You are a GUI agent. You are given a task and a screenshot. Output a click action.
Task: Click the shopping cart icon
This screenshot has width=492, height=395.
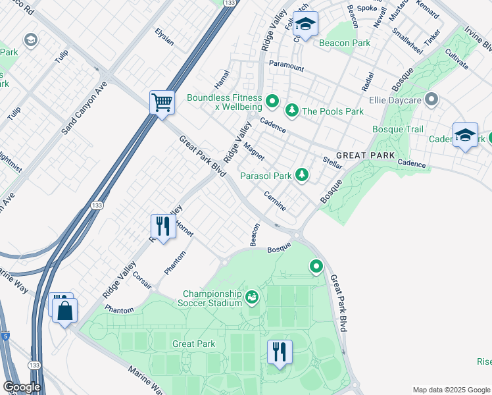pyautogui.click(x=162, y=103)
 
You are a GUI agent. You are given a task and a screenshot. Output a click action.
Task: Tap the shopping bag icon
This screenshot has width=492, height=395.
pyautogui.click(x=66, y=311)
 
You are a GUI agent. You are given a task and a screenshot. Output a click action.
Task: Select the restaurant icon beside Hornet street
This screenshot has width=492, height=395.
pyautogui.click(x=162, y=226)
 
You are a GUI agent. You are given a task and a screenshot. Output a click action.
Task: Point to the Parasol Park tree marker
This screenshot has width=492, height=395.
pyautogui.click(x=301, y=174)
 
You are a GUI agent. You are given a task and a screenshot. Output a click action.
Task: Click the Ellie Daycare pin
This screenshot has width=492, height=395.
pyautogui.click(x=431, y=100)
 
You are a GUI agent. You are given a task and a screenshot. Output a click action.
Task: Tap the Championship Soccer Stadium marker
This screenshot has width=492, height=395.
pyautogui.click(x=251, y=298)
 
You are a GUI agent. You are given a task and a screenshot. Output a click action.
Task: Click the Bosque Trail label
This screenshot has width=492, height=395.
pyautogui.click(x=398, y=129)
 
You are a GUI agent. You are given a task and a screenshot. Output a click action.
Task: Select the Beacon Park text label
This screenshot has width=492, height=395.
pyautogui.click(x=345, y=43)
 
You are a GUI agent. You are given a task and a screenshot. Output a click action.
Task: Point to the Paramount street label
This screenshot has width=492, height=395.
pyautogui.click(x=286, y=66)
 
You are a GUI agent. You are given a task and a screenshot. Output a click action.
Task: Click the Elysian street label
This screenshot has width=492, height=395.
pyautogui.click(x=164, y=37)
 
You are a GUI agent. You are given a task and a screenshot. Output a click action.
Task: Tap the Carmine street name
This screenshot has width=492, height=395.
pyautogui.click(x=275, y=201)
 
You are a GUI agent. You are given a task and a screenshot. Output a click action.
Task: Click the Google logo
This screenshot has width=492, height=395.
pyautogui.click(x=22, y=387)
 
